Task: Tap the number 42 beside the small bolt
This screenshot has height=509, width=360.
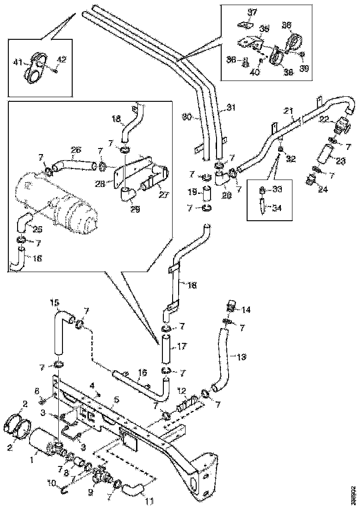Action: pyautogui.click(x=62, y=59)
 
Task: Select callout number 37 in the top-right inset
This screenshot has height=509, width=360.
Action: pyautogui.click(x=252, y=11)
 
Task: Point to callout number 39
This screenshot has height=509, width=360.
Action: pyautogui.click(x=304, y=68)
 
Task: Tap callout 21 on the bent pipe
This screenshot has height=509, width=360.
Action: pyautogui.click(x=288, y=111)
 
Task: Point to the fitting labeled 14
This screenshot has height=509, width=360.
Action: pyautogui.click(x=231, y=307)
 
